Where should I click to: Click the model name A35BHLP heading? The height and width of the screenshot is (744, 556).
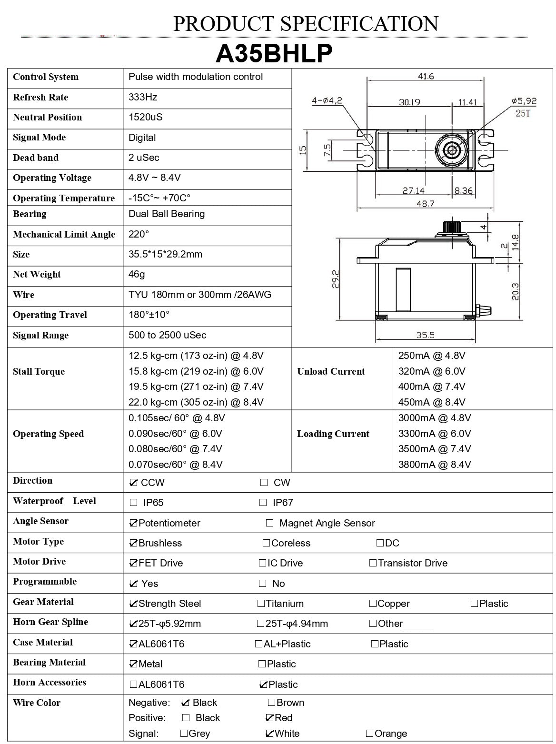[274, 54]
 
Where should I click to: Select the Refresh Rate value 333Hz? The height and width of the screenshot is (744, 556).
[143, 97]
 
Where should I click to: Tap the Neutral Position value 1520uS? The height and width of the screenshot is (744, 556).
[145, 117]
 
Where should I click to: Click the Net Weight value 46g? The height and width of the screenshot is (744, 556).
[137, 274]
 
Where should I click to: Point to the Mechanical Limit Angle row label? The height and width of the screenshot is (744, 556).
[64, 234]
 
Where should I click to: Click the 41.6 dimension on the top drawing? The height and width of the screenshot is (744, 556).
[426, 76]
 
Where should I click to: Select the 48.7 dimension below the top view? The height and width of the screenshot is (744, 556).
[425, 204]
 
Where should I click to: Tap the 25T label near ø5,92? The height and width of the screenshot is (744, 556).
[522, 113]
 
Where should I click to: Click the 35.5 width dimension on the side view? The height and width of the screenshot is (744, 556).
[425, 335]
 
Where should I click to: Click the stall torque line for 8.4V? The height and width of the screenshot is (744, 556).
[196, 402]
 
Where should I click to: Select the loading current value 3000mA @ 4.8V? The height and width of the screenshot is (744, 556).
[434, 418]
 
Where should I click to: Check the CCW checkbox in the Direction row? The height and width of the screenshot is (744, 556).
[133, 483]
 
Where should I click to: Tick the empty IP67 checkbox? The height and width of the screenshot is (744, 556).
[263, 503]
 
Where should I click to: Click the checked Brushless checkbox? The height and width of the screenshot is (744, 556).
[133, 543]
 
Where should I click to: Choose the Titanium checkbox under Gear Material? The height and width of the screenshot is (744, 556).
[261, 604]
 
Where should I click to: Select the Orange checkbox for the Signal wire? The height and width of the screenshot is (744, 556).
[370, 734]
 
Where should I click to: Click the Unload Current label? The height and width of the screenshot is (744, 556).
[331, 371]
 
